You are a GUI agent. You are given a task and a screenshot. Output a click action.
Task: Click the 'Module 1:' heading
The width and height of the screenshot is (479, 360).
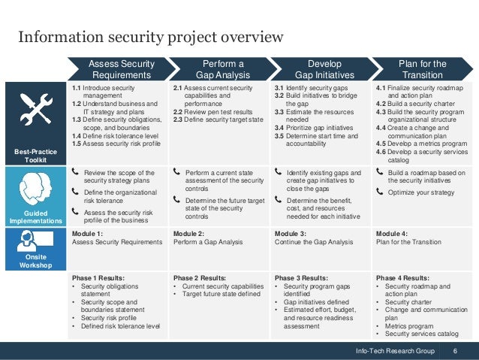click(88, 234)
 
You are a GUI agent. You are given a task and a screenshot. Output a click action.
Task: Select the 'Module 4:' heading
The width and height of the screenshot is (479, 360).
click(391, 234)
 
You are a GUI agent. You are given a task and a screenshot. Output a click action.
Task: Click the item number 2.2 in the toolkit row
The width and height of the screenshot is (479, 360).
click(179, 111)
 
